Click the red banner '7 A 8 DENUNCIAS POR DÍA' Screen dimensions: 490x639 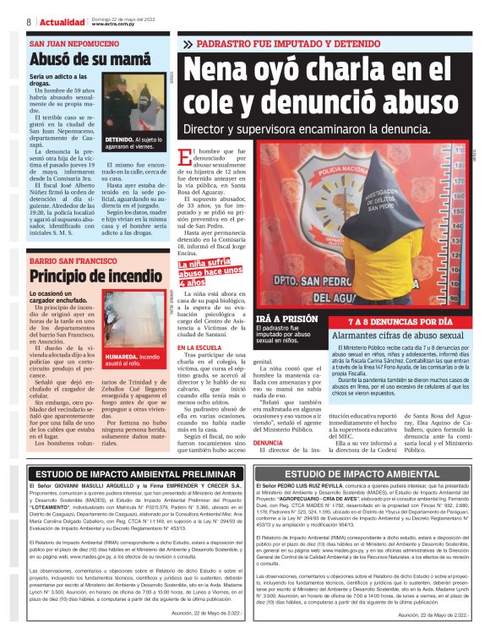click(400, 322)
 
